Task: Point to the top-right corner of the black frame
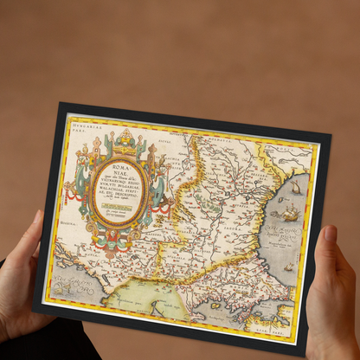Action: (x=331, y=136)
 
